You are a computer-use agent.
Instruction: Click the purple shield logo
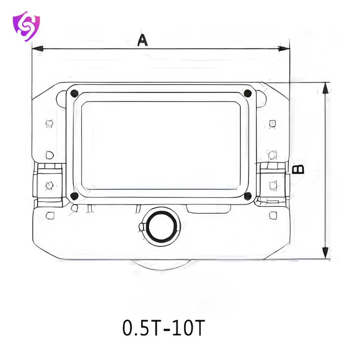coord(26,26)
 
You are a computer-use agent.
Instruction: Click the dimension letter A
coord(143,40)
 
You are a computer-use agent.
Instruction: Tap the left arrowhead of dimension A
coord(37,49)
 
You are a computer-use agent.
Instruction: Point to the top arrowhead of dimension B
coord(325,88)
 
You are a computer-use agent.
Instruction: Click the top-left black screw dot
coord(74,94)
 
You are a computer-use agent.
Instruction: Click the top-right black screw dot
coord(248,93)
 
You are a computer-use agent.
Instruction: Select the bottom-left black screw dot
coord(74,196)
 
